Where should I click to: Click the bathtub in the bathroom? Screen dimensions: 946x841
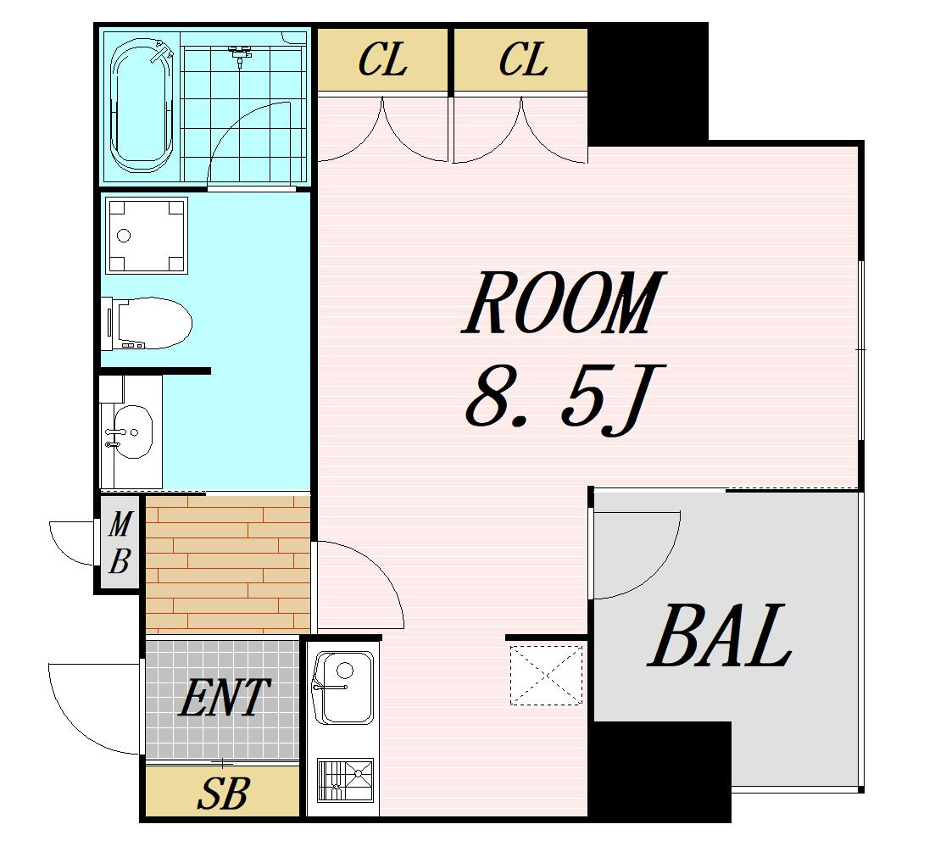[x=143, y=106]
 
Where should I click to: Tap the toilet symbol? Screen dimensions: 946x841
[x=148, y=323]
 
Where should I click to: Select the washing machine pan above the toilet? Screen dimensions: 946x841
[x=147, y=236]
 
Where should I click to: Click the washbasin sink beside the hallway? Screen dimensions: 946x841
[x=132, y=432]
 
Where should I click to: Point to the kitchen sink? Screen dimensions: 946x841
[x=343, y=688]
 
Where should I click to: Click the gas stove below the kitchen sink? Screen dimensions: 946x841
[x=345, y=780]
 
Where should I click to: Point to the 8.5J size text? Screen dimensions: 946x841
[x=564, y=398]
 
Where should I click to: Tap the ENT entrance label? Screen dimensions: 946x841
[x=224, y=698]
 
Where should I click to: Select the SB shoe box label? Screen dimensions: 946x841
[x=223, y=794]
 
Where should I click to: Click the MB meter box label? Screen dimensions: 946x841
[x=120, y=543]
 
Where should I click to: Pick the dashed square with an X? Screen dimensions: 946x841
[x=548, y=675]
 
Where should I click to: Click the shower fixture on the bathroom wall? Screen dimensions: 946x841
[x=240, y=54]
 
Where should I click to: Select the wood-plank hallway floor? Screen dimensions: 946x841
[x=228, y=563]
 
